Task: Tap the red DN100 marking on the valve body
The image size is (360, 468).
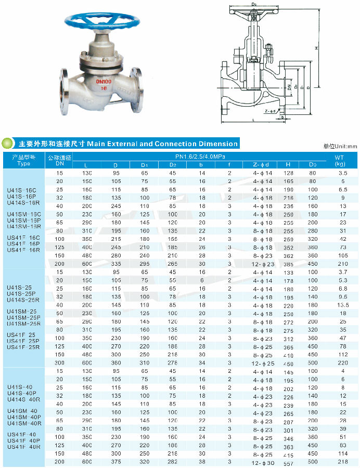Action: pyautogui.click(x=103, y=82)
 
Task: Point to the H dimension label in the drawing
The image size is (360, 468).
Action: pyautogui.click(x=316, y=48)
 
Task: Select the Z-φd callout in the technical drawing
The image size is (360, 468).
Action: pyautogui.click(x=270, y=111)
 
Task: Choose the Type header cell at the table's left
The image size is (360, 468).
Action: pyautogui.click(x=24, y=160)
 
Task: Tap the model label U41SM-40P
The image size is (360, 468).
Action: pyautogui.click(x=24, y=417)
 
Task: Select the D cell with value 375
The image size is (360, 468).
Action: pyautogui.click(x=115, y=462)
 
